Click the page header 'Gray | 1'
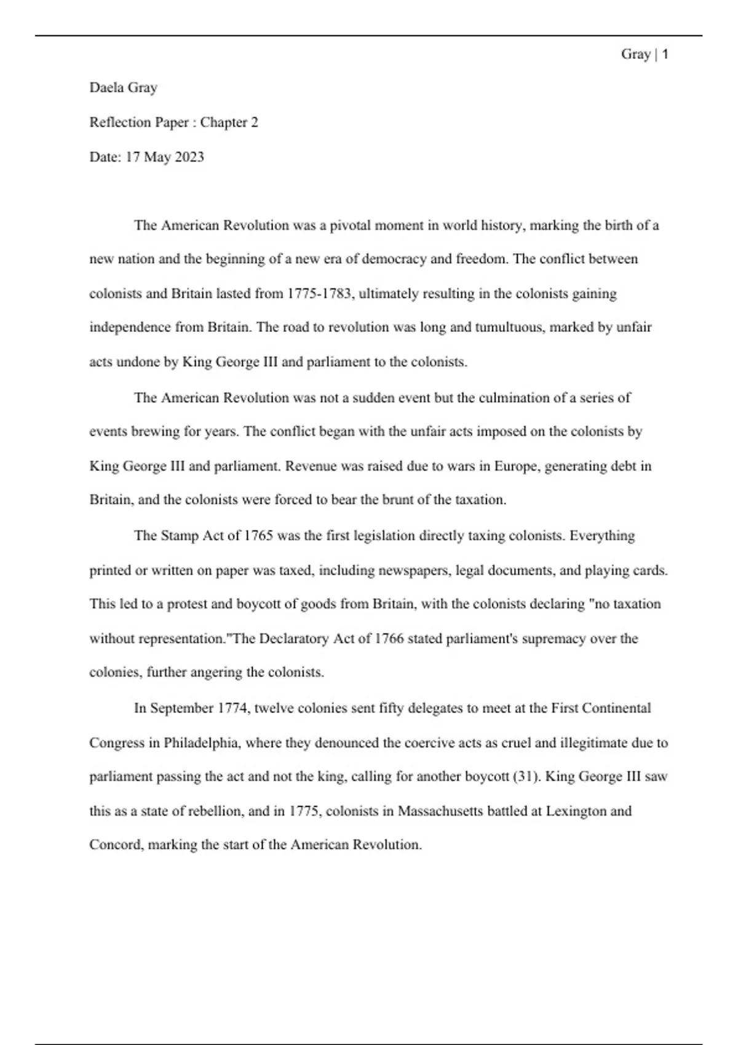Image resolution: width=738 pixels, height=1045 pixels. tap(645, 55)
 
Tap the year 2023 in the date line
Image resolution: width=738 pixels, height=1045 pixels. tap(189, 157)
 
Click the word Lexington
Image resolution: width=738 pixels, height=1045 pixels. tap(576, 811)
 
